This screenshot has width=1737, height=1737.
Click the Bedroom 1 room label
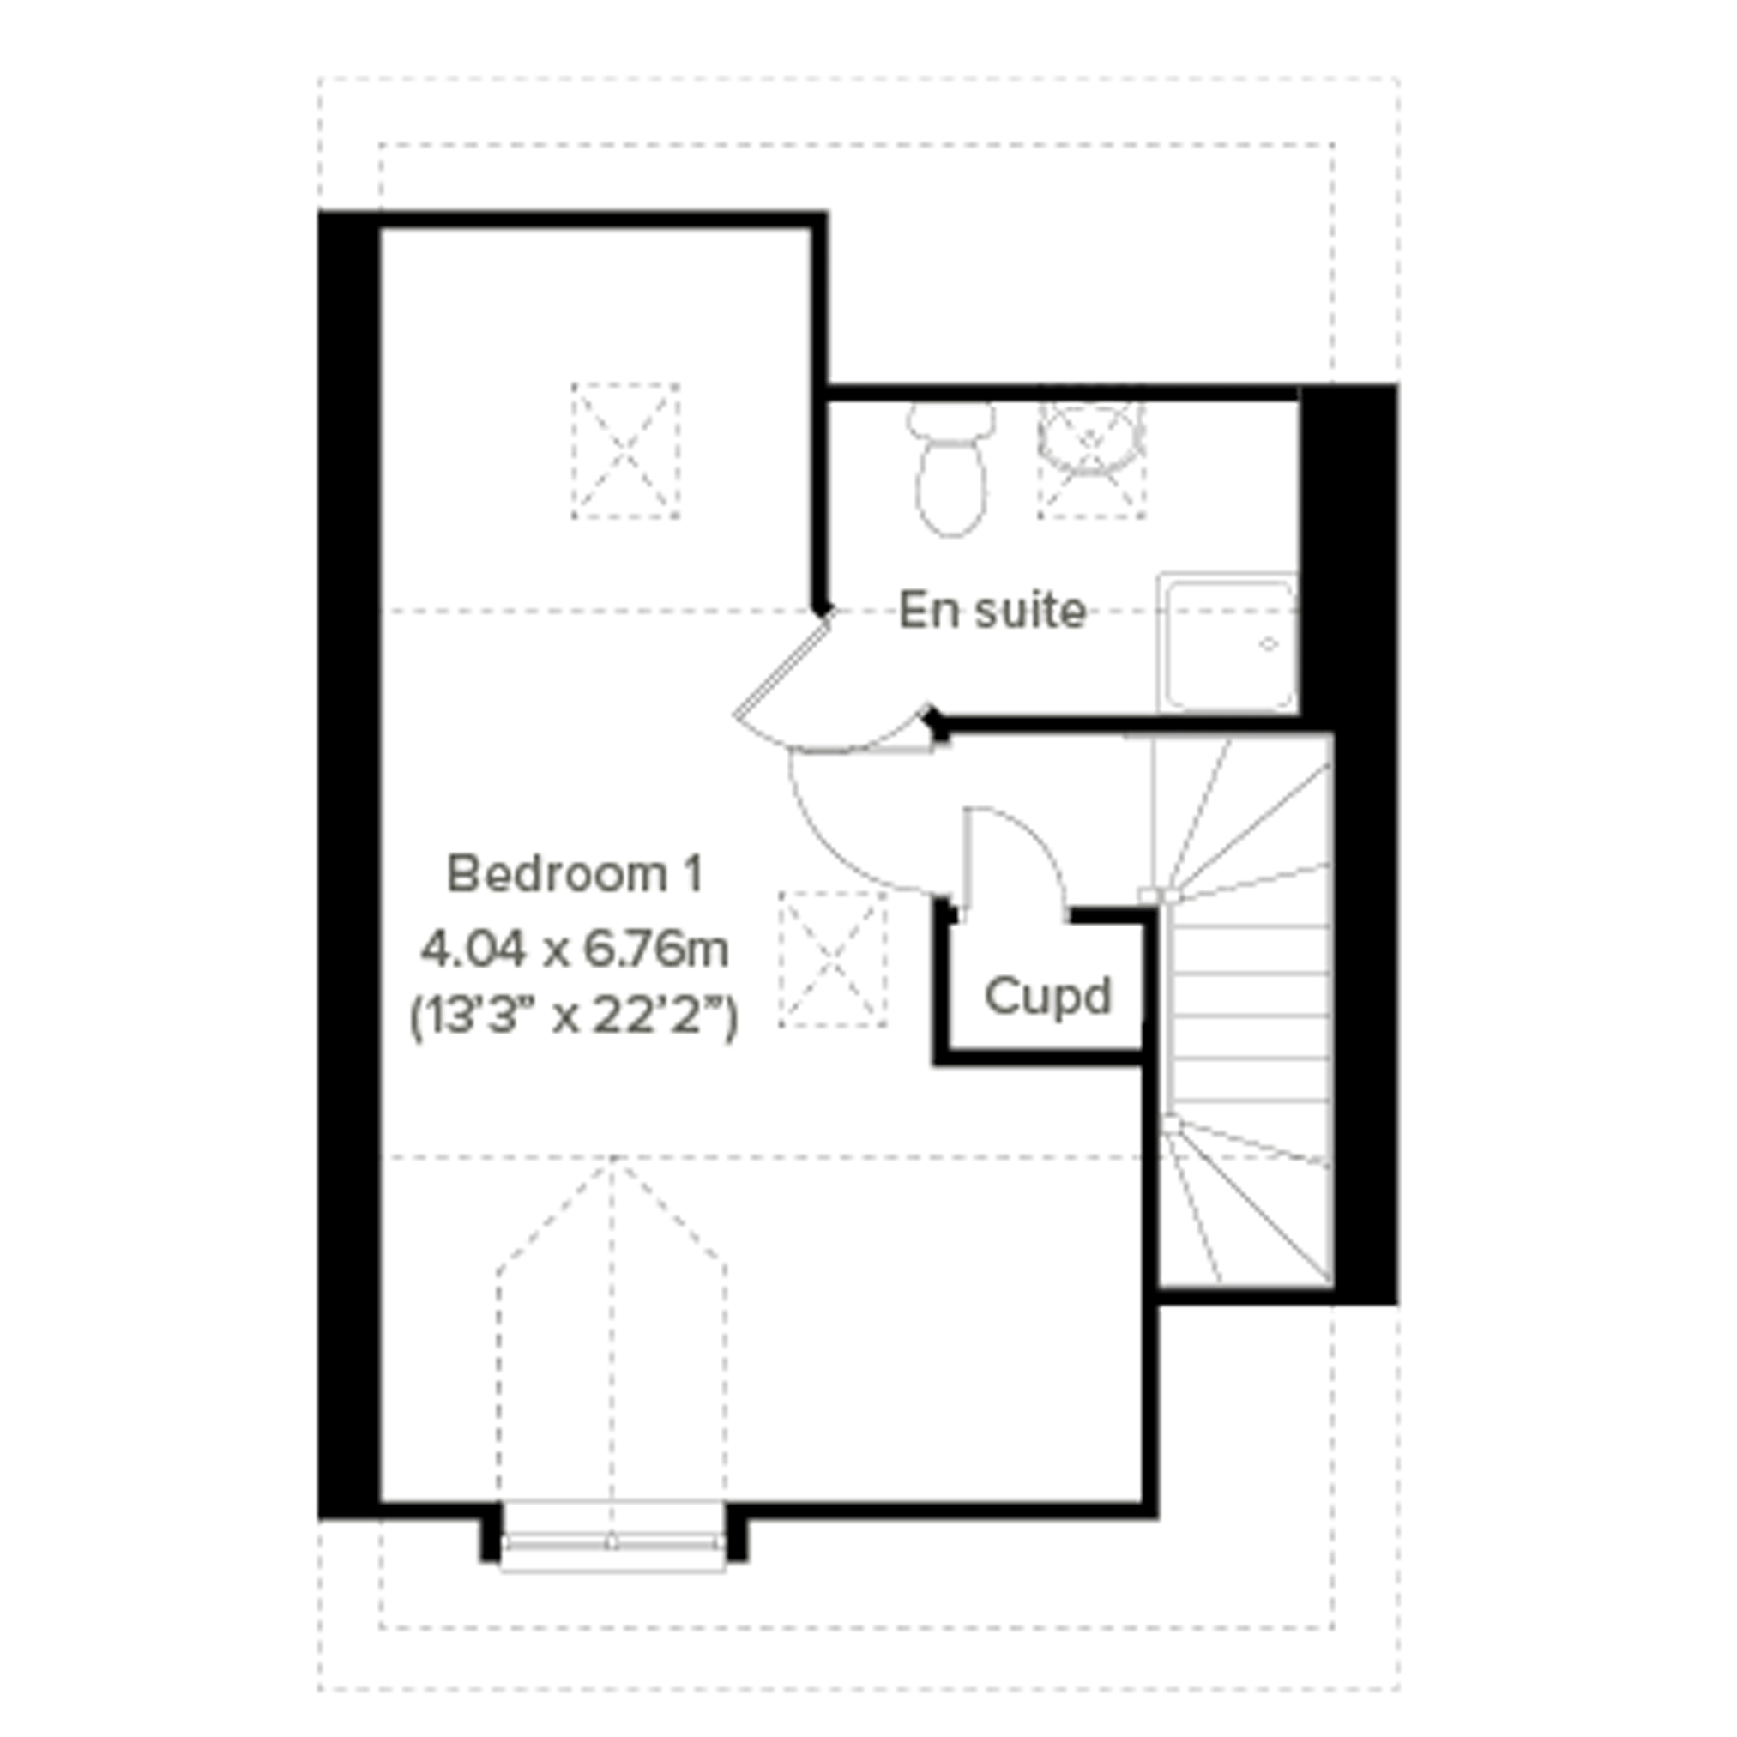[576, 874]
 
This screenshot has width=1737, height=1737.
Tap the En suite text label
[992, 610]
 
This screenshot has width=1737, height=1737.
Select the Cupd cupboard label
[1048, 996]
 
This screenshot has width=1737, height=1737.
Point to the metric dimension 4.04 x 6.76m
[576, 950]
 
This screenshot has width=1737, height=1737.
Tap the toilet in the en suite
[951, 470]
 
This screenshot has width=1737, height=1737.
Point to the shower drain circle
[1269, 643]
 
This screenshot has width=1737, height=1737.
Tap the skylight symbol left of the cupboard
[833, 958]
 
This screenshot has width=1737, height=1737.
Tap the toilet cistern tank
[951, 419]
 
